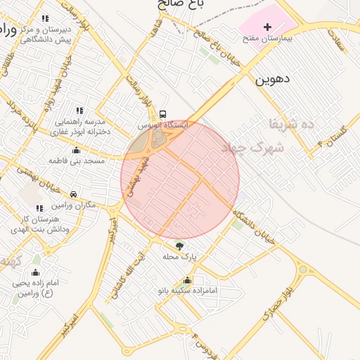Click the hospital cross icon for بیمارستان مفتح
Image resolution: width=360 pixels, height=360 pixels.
[266, 27]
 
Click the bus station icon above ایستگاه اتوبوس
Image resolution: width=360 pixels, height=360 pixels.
[163, 113]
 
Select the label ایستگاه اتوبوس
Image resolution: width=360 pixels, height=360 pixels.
[163, 124]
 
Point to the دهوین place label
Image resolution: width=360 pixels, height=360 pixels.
[273, 79]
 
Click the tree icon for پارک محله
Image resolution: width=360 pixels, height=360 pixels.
[179, 245]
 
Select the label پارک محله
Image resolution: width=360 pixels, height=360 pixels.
[179, 257]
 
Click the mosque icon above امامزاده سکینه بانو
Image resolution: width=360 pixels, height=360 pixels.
[187, 280]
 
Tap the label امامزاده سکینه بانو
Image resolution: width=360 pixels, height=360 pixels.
[187, 290]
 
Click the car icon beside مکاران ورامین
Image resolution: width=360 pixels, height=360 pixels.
[74, 194]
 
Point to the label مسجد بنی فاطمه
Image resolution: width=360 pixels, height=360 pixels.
[76, 160]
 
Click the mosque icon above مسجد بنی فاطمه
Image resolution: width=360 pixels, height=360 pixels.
[76, 150]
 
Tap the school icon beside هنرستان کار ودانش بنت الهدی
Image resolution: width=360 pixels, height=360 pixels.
[39, 208]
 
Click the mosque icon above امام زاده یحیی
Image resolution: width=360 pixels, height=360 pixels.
[36, 272]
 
